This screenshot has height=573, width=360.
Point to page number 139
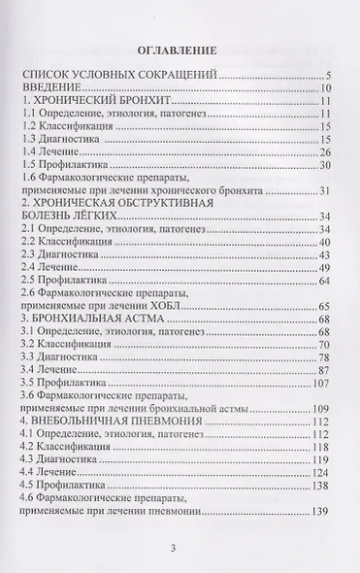[x=322, y=548]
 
